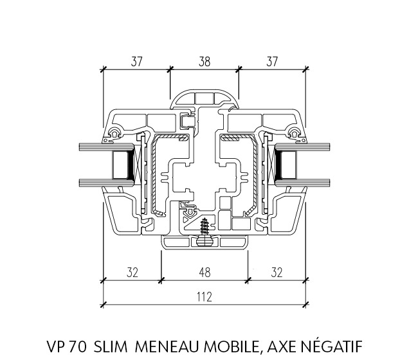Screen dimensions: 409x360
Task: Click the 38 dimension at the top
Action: coord(204,62)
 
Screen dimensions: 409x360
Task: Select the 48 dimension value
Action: coord(204,273)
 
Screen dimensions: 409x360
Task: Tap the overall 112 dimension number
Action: coord(204,296)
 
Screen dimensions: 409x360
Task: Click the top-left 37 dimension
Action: coord(136,62)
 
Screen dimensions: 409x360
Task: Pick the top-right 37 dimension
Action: coord(272,62)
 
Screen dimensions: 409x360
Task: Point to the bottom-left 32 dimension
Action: coord(132,273)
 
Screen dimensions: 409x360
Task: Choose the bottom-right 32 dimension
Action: coord(277,273)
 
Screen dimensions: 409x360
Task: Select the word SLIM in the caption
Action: coord(111,346)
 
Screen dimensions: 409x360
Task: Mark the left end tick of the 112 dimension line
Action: coord(104,305)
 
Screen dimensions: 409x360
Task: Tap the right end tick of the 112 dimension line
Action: coord(305,305)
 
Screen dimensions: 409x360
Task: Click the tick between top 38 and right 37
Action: coord(239,69)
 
